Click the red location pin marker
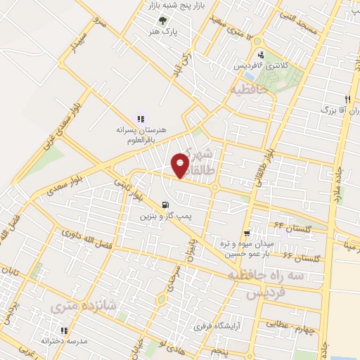click(181, 166)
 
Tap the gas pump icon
click(165, 205)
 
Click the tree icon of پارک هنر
click(164, 20)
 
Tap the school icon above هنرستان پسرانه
click(140, 119)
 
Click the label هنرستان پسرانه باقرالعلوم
click(140, 134)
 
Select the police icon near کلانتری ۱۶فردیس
click(261, 55)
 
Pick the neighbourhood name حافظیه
click(250, 91)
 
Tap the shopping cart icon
click(246, 233)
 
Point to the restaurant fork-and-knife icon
click(347, 99)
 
